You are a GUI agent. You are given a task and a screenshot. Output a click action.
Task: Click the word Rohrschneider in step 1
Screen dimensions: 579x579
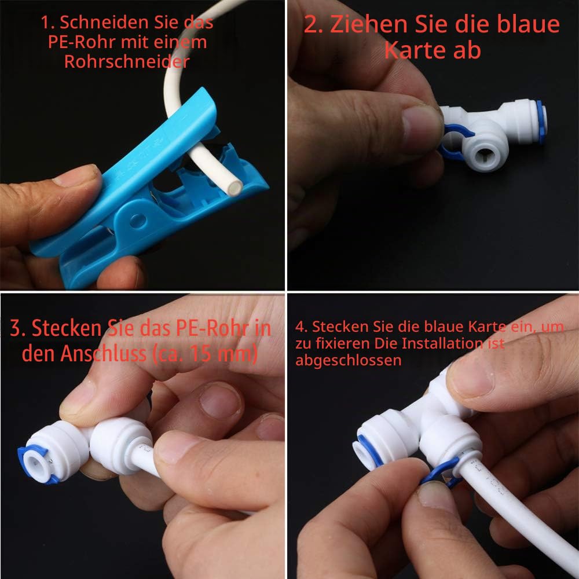coord(127,61)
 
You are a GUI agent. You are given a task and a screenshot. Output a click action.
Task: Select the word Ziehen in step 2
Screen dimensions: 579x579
coord(368,24)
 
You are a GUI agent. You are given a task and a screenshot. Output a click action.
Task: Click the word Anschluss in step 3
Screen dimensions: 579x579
coord(104,353)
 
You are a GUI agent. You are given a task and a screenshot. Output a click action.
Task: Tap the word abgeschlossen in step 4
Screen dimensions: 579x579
coord(348,361)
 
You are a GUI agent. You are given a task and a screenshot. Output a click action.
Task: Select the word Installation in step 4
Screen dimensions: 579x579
coord(442,343)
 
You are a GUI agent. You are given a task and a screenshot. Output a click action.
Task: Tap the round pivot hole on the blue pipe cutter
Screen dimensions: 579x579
coord(138,221)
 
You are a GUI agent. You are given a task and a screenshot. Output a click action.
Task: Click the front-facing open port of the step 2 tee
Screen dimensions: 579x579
coord(483,155)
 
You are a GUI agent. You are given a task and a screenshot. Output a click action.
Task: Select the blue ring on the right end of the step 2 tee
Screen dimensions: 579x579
coord(540,122)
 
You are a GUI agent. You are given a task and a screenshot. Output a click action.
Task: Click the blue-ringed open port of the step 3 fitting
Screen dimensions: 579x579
coord(35,463)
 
